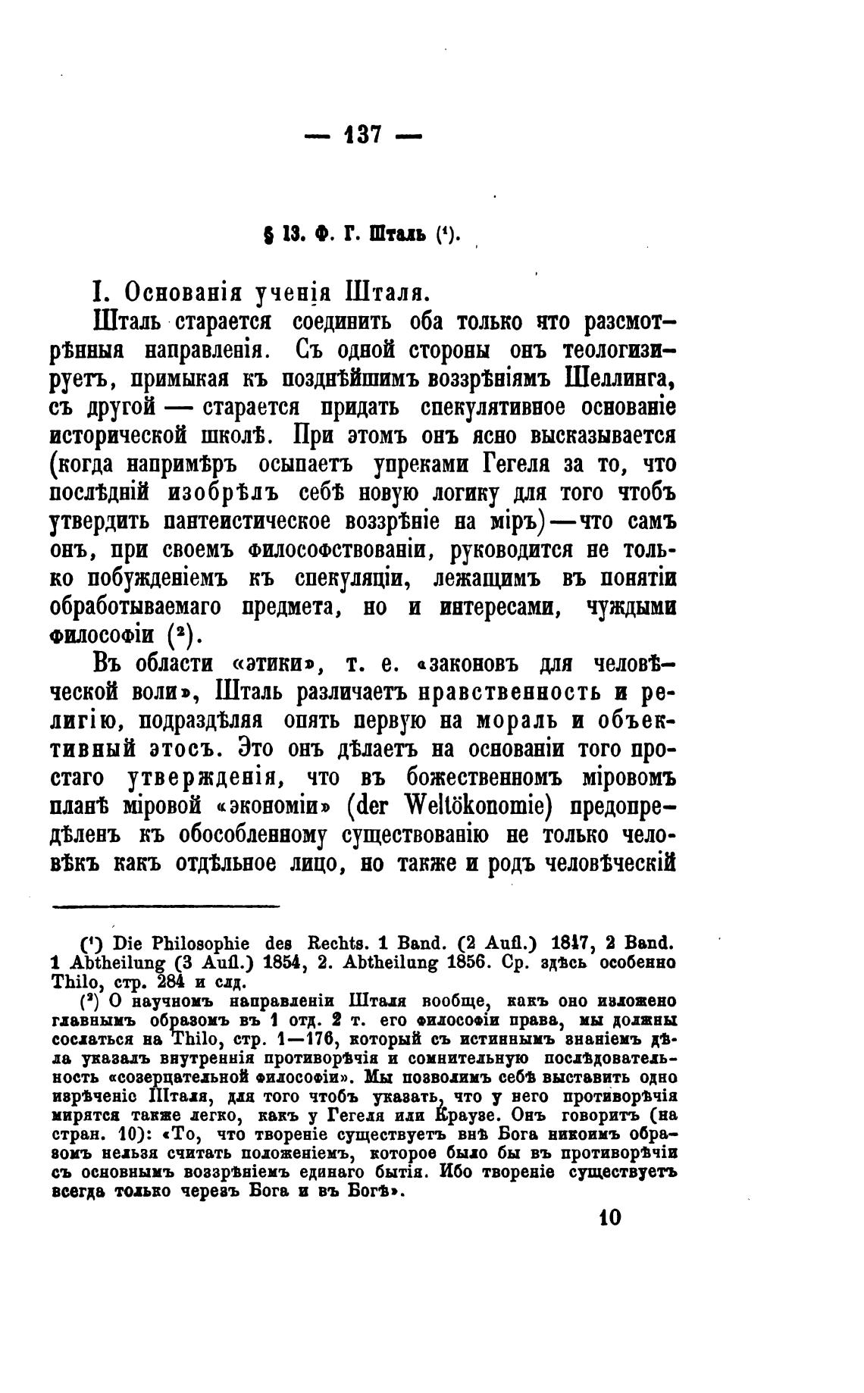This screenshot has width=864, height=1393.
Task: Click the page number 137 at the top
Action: tap(362, 136)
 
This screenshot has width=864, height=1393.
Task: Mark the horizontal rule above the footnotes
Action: tap(166, 905)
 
